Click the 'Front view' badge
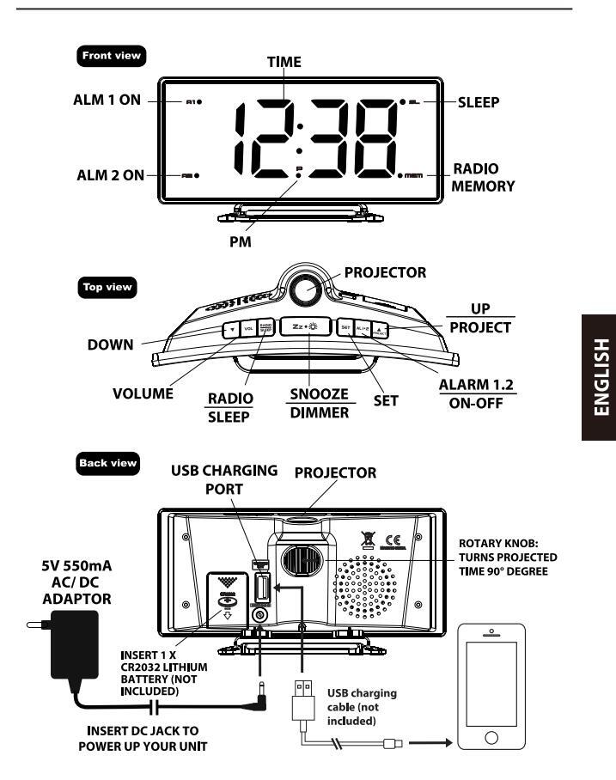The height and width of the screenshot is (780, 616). tap(111, 56)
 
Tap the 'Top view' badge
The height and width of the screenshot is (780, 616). tap(107, 288)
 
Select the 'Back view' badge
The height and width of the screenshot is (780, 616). tap(107, 463)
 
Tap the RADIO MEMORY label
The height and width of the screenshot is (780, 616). tap(483, 177)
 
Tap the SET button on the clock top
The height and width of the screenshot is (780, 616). tap(345, 327)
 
